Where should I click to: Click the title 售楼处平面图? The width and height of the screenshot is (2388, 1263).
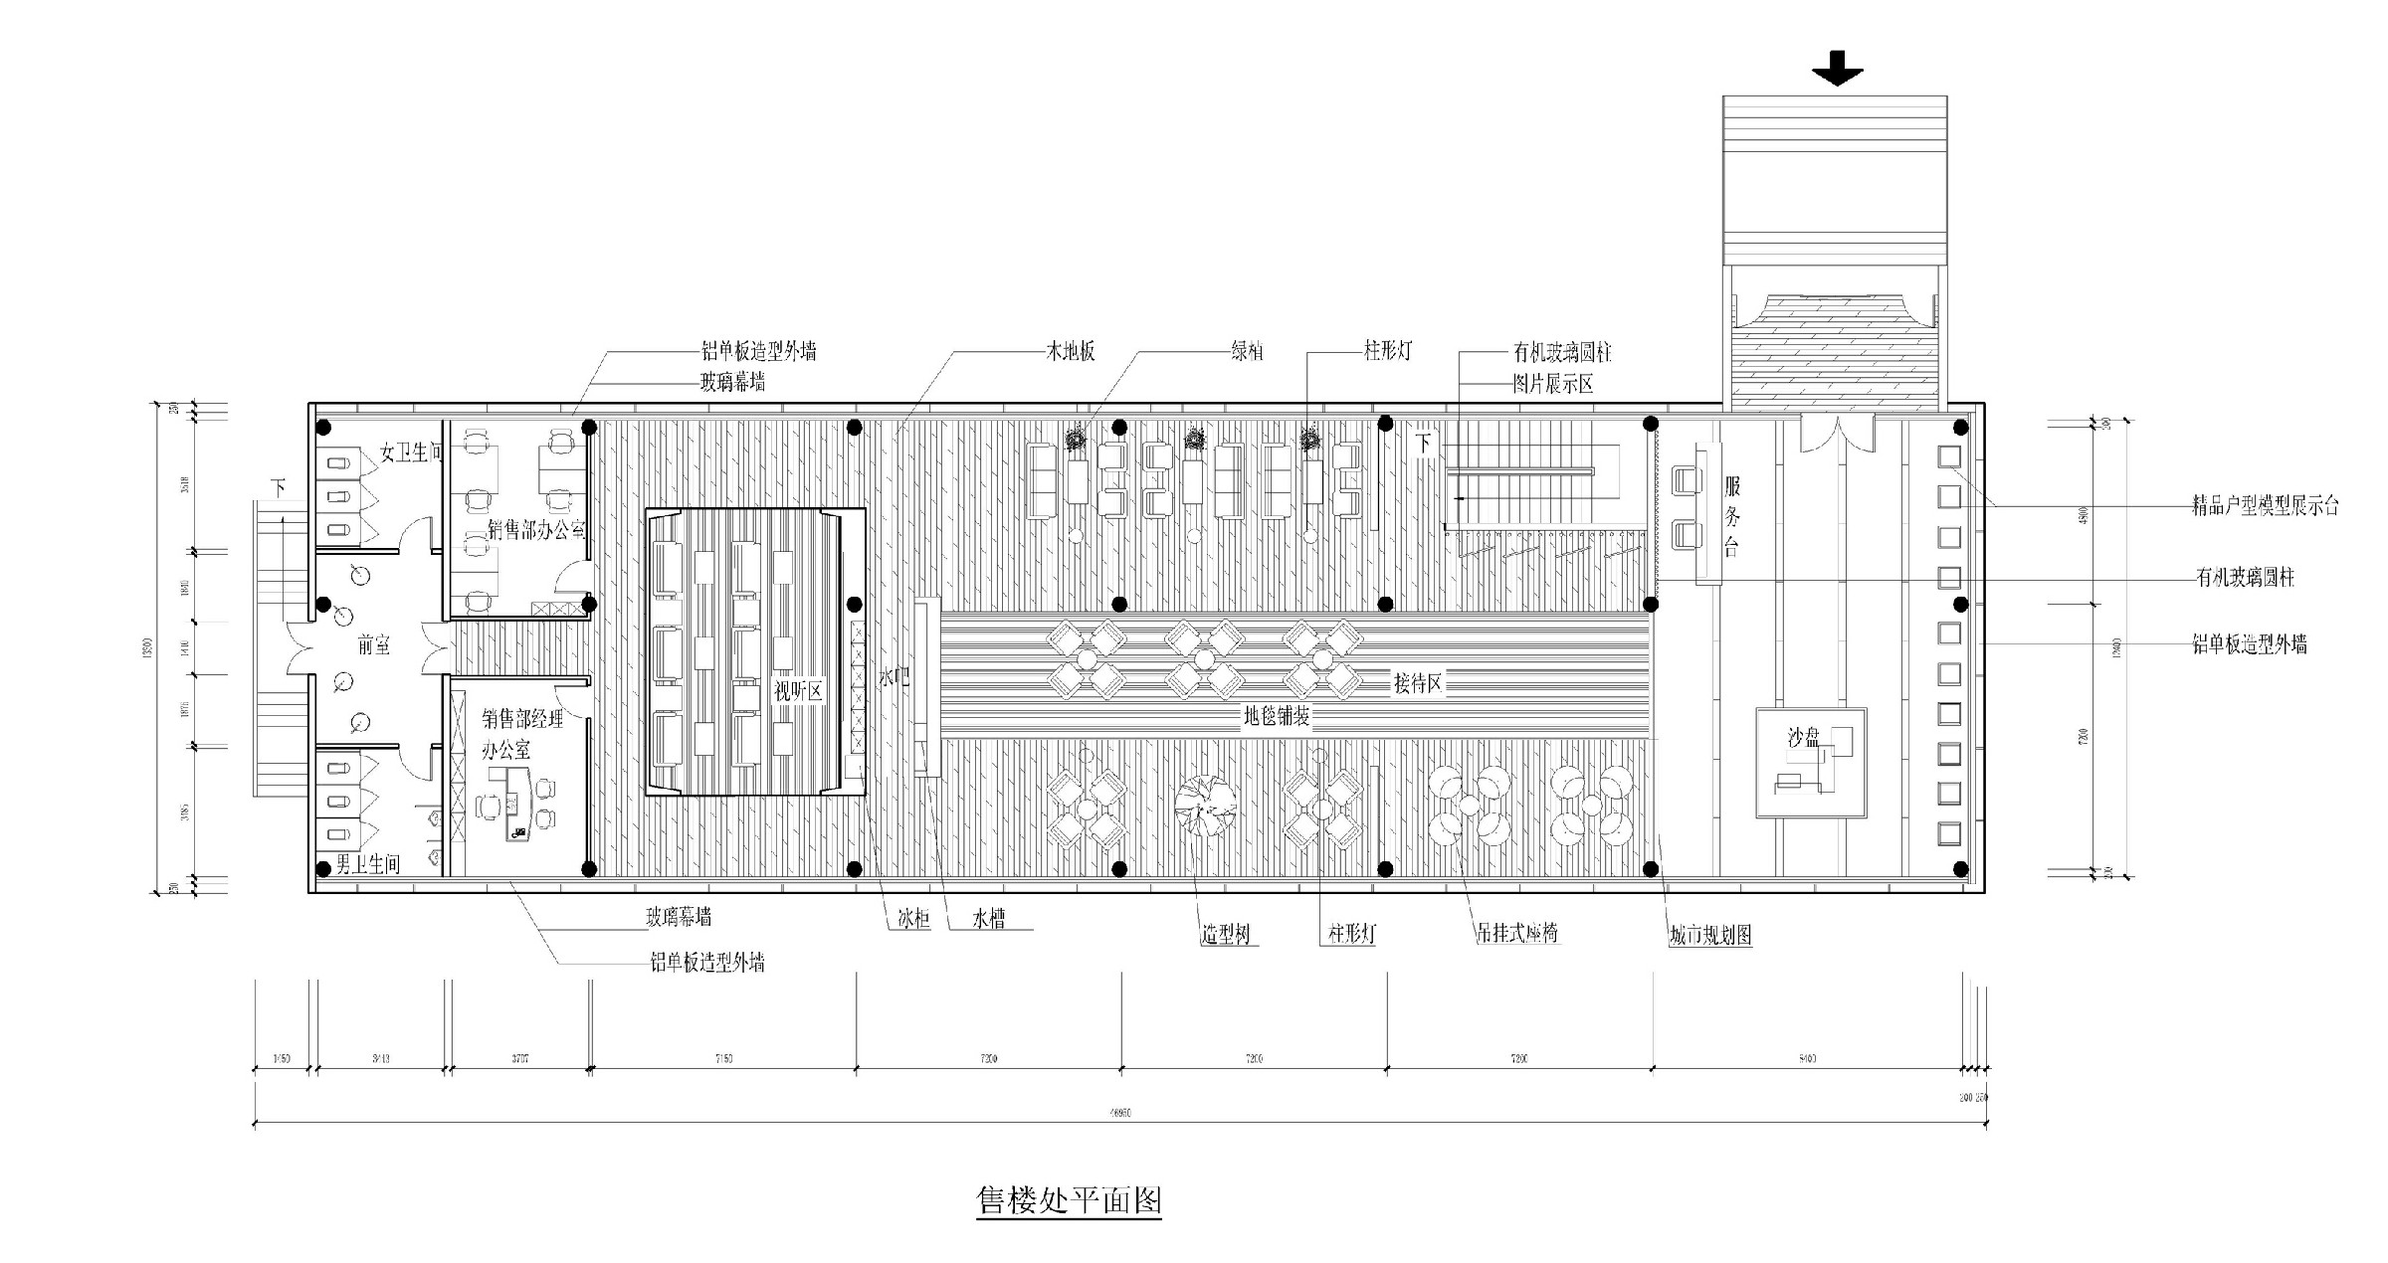click(1070, 1200)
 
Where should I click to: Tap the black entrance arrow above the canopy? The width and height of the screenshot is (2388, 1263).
click(1837, 68)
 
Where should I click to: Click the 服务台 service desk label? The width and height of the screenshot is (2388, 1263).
click(1732, 516)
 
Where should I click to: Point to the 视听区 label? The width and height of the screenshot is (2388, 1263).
click(800, 691)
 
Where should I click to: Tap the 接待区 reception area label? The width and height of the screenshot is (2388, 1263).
click(1418, 683)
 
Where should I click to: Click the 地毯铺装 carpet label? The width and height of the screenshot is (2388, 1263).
click(1277, 716)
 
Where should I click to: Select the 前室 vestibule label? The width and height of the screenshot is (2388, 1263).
click(373, 646)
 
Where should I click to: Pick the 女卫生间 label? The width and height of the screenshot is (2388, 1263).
click(411, 453)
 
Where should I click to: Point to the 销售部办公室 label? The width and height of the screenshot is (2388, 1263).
click(535, 530)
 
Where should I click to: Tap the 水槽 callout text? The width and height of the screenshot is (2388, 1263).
click(988, 920)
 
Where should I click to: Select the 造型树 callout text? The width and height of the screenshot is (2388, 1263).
click(1225, 935)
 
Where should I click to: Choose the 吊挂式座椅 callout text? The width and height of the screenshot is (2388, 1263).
click(1517, 933)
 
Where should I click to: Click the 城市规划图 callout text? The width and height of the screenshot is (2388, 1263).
click(1710, 935)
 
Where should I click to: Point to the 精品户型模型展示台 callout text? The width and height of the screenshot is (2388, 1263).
click(2266, 505)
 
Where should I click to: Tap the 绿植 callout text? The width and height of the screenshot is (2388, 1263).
click(1248, 351)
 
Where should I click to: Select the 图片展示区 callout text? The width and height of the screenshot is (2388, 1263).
click(1553, 384)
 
